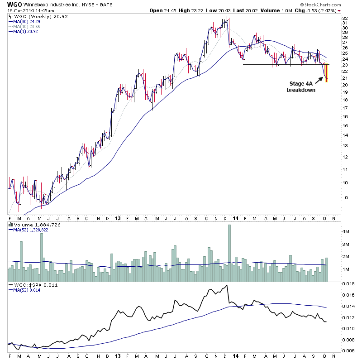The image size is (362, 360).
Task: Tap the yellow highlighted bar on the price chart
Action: click(x=326, y=72)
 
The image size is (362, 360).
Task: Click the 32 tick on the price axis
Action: click(x=344, y=19)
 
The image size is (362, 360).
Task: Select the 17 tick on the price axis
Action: click(x=344, y=107)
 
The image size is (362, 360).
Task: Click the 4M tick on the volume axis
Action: click(x=346, y=231)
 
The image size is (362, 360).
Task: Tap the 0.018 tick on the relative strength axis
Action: click(x=348, y=284)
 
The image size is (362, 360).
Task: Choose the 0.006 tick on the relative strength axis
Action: click(x=348, y=350)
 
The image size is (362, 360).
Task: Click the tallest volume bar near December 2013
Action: click(x=229, y=254)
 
